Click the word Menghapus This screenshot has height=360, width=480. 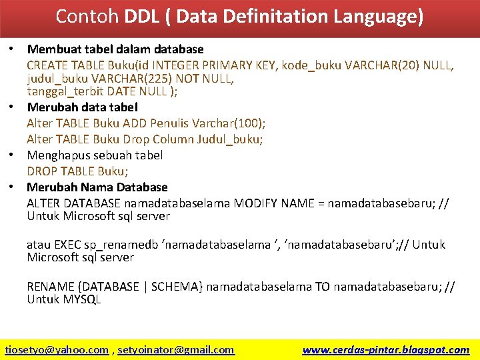[x=58, y=155]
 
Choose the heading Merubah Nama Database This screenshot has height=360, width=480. [x=97, y=187]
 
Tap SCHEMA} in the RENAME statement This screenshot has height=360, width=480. [x=177, y=287]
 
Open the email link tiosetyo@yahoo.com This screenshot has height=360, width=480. [x=57, y=349]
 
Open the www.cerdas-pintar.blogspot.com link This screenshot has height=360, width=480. [x=385, y=349]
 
